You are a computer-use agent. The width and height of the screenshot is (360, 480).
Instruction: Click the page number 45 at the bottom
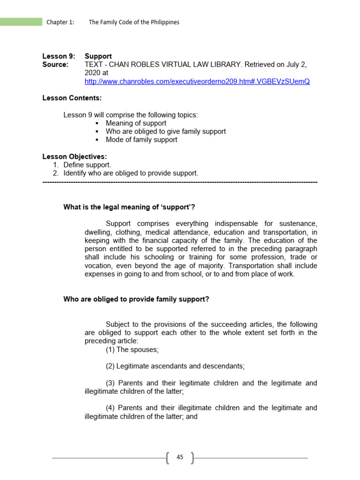[x=180, y=457]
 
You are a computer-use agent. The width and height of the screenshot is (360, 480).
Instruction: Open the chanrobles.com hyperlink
[x=197, y=81]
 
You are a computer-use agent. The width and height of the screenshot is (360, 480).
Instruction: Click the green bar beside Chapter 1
[x=21, y=22]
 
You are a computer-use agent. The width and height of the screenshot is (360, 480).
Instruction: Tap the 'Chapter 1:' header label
[x=60, y=22]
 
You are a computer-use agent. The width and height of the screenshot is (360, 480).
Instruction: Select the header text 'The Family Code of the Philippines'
[x=134, y=22]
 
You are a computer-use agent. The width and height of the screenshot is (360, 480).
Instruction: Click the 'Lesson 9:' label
[x=59, y=56]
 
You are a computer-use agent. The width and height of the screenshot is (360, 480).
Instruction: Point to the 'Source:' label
[x=55, y=64]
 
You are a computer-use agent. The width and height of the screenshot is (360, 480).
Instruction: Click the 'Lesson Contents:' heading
[x=72, y=98]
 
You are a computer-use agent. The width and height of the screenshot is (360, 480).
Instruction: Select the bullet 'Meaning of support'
[x=136, y=123]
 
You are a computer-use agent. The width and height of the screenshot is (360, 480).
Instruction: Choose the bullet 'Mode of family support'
[x=142, y=140]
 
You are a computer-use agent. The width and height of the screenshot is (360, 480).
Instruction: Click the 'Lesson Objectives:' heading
[x=75, y=157]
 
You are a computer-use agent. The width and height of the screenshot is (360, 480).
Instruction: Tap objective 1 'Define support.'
[x=87, y=165]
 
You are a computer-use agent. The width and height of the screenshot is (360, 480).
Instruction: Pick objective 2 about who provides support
[x=131, y=173]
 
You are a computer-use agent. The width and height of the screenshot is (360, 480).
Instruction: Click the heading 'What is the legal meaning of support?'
[x=129, y=207]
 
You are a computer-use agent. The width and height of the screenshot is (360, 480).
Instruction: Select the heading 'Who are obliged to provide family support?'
[x=136, y=299]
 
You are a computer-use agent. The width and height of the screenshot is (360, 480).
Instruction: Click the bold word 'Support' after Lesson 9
[x=98, y=56]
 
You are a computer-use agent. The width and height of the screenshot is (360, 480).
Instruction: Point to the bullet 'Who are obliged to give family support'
[x=165, y=132]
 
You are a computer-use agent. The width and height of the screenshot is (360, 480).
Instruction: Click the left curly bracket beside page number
[x=168, y=457]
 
